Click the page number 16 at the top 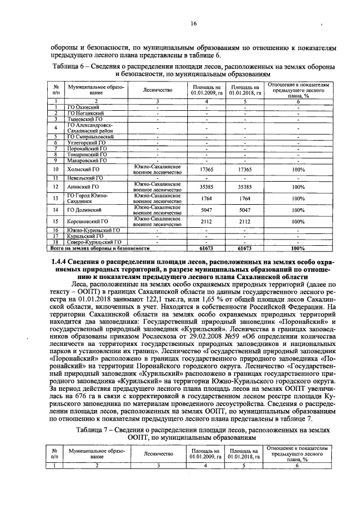[x=193, y=24]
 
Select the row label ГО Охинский [x=83, y=107]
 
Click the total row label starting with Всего [x=100, y=247]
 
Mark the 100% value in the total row [x=298, y=247]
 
